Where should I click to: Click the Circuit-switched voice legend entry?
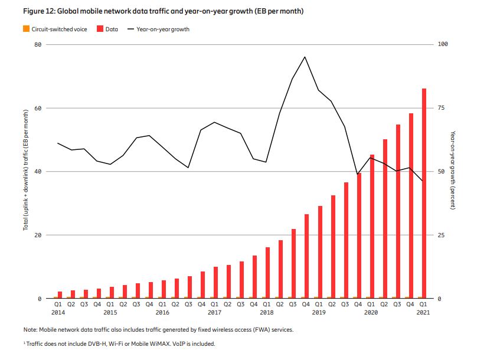57,29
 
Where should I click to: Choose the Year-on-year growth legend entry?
163,29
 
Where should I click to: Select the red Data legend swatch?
100,29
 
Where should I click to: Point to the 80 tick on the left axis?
37,45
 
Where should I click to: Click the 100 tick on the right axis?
443,45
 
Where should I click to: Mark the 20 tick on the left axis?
37,235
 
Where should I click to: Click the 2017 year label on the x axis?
215,312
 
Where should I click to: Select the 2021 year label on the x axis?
423,312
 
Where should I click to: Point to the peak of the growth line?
305,57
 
